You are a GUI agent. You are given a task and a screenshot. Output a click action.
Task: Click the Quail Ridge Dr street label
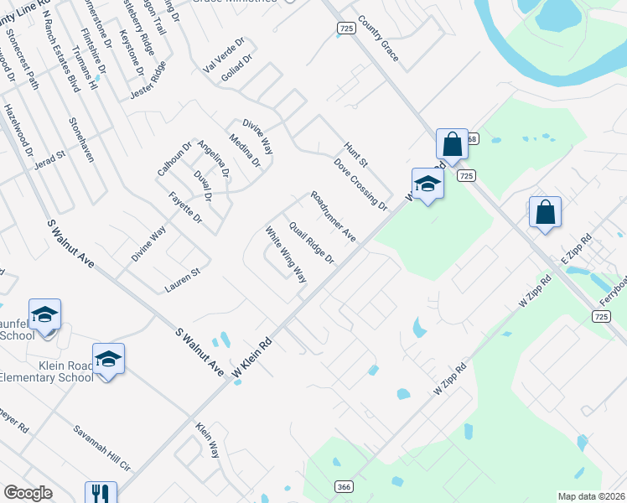312,242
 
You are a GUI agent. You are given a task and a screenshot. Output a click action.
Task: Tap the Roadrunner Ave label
333,217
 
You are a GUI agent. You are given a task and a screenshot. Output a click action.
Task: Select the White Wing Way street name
286,255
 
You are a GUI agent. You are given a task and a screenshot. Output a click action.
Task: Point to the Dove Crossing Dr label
360,184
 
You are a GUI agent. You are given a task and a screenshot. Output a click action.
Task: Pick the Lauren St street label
183,279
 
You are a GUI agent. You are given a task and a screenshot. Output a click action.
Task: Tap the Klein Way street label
207,440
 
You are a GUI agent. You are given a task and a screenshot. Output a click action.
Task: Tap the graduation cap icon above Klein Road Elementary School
108,358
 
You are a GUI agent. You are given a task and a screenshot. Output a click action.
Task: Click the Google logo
28,493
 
